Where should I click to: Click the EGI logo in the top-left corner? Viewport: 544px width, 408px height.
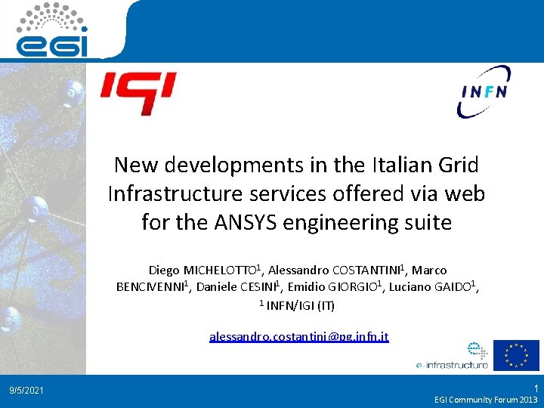(x=53, y=30)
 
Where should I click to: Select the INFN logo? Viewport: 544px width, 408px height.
(x=484, y=91)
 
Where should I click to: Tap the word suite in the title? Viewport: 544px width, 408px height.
(x=426, y=223)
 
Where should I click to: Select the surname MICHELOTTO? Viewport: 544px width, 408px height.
(x=220, y=270)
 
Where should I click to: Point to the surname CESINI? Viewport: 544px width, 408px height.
(x=258, y=287)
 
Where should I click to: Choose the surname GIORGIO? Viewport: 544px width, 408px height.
(x=355, y=287)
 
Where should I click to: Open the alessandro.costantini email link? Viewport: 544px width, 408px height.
(x=299, y=336)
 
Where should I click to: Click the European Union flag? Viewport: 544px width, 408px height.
(x=516, y=355)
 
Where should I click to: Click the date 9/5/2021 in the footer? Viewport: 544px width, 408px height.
(x=26, y=391)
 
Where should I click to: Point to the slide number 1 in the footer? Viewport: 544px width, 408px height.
(x=534, y=386)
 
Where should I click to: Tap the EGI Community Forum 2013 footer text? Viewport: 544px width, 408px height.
(x=486, y=399)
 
